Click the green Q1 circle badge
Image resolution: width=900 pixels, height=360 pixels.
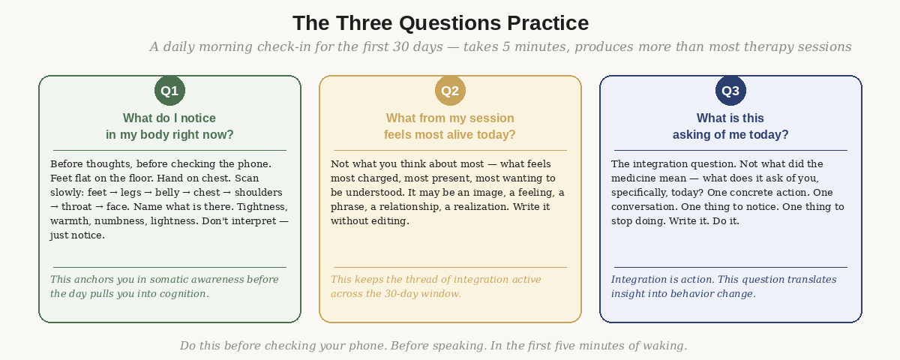[x=169, y=91]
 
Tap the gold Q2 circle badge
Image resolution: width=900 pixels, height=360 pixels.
[x=450, y=91]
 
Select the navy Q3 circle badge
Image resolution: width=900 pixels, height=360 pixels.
[x=730, y=91]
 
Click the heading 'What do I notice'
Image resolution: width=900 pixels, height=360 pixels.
[x=169, y=118]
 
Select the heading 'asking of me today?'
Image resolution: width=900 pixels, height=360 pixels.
[x=730, y=135]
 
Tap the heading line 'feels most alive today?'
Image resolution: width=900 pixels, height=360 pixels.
[x=450, y=135]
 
